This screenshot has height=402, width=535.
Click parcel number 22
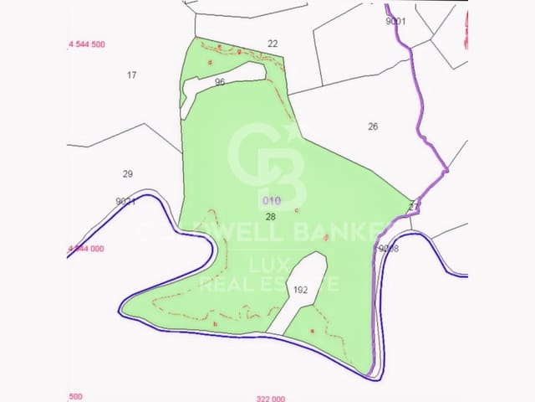273,44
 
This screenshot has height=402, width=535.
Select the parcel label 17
131,75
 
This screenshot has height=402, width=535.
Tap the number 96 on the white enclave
220,82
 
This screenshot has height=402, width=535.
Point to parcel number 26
373,126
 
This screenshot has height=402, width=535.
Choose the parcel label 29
127,174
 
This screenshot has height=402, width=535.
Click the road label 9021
126,201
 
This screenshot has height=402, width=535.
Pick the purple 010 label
272,201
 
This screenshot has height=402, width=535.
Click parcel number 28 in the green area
270,216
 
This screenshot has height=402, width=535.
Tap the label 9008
389,249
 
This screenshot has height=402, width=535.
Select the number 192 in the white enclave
301,290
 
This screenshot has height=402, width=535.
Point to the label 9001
395,22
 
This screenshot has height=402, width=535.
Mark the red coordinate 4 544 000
85,249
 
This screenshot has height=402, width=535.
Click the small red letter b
216,324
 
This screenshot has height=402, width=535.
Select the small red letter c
297,209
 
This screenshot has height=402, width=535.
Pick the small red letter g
239,52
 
